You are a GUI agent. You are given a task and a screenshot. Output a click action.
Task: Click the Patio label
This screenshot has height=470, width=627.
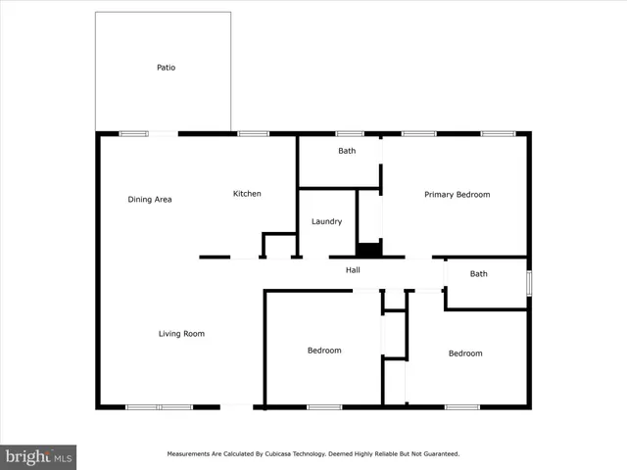(167, 68)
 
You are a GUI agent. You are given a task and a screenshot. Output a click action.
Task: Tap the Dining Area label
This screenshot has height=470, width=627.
(150, 200)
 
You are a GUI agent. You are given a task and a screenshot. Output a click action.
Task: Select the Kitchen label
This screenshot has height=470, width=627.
(247, 194)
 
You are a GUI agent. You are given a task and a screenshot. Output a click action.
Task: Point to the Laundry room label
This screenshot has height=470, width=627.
(326, 221)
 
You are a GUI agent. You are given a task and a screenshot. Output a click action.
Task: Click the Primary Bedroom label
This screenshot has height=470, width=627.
(457, 195)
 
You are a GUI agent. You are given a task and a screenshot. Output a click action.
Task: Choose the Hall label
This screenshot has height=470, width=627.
(354, 270)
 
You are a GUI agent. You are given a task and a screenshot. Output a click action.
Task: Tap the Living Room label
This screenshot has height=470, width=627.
(181, 334)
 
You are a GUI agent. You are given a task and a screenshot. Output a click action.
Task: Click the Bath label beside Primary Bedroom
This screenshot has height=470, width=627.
(347, 151)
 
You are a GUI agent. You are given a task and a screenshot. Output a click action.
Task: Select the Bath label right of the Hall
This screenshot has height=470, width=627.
(478, 274)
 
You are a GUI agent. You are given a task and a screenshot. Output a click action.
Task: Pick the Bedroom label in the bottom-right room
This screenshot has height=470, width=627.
(465, 353)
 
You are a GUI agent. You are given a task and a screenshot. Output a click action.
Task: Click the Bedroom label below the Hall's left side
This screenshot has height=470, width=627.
(324, 351)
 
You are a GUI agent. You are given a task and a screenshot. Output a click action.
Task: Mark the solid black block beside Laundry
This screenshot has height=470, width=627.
(368, 250)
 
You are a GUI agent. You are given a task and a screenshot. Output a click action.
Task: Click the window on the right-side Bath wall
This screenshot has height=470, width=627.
(529, 283)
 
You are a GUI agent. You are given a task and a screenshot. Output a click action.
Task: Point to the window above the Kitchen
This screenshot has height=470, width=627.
(253, 133)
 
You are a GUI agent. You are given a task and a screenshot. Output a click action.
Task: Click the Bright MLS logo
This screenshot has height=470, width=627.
(39, 456)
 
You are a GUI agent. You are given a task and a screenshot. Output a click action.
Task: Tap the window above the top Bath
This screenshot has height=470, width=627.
(350, 133)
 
